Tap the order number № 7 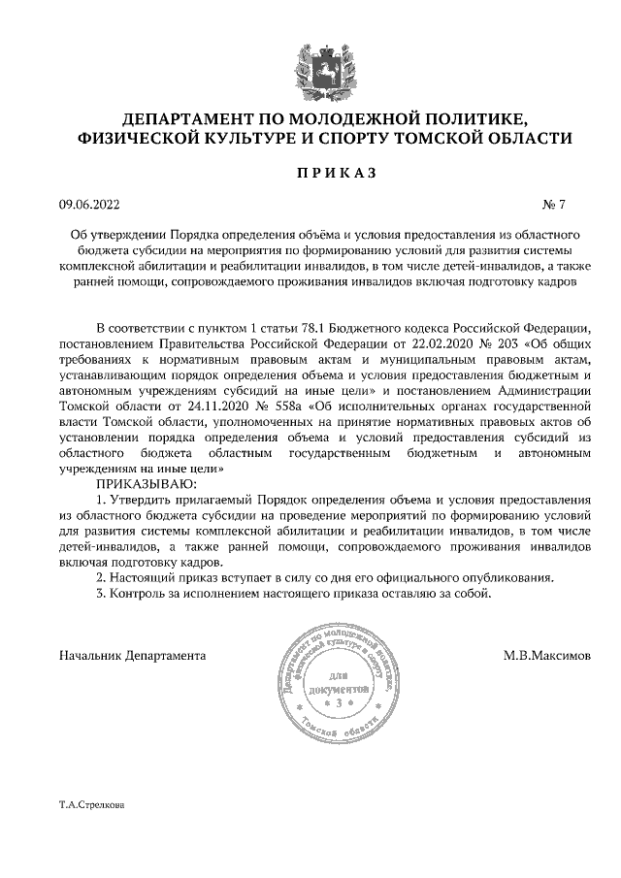(553, 205)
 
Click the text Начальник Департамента (132, 655)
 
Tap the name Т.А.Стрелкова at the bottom (92, 805)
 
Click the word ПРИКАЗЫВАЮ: (145, 483)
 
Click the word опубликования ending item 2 (507, 578)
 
